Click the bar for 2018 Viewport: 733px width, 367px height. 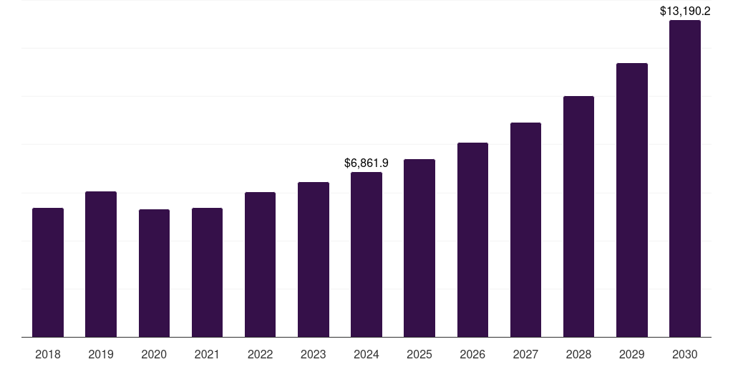coord(48,272)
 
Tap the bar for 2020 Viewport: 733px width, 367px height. coord(154,273)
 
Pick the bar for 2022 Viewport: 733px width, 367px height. coord(260,264)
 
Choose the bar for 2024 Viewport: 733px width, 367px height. coord(366,254)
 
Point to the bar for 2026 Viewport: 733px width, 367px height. coord(472,240)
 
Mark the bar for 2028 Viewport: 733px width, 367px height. coord(578,216)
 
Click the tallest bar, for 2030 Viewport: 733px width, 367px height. coord(685,178)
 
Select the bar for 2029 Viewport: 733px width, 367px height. coord(632,200)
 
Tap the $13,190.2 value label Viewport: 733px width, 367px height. coord(685,11)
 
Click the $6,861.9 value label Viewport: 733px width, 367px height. coord(366,163)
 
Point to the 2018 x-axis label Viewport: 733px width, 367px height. coord(48,354)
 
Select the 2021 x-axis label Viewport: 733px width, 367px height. coord(207,354)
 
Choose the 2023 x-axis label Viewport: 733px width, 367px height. coord(314,354)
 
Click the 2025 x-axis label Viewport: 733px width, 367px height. coord(419,354)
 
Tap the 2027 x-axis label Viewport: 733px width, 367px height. coord(525,354)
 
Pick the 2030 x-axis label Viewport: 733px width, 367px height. coord(685,354)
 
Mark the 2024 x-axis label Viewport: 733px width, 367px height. coord(366,354)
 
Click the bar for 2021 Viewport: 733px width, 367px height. coord(207,272)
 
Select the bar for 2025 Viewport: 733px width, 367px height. coord(419,248)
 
